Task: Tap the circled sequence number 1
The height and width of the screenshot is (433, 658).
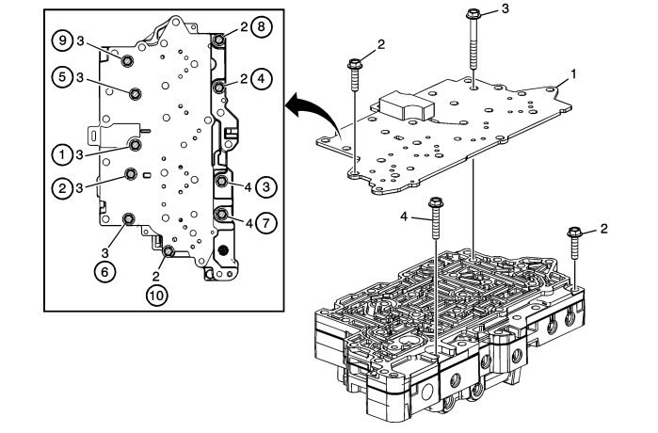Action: point(61,151)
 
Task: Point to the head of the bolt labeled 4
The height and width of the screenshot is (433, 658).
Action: point(436,203)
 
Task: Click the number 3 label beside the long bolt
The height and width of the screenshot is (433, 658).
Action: point(504,9)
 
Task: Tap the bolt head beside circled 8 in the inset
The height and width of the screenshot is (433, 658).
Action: point(219,40)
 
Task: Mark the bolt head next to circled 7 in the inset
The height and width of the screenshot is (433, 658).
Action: point(222,216)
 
